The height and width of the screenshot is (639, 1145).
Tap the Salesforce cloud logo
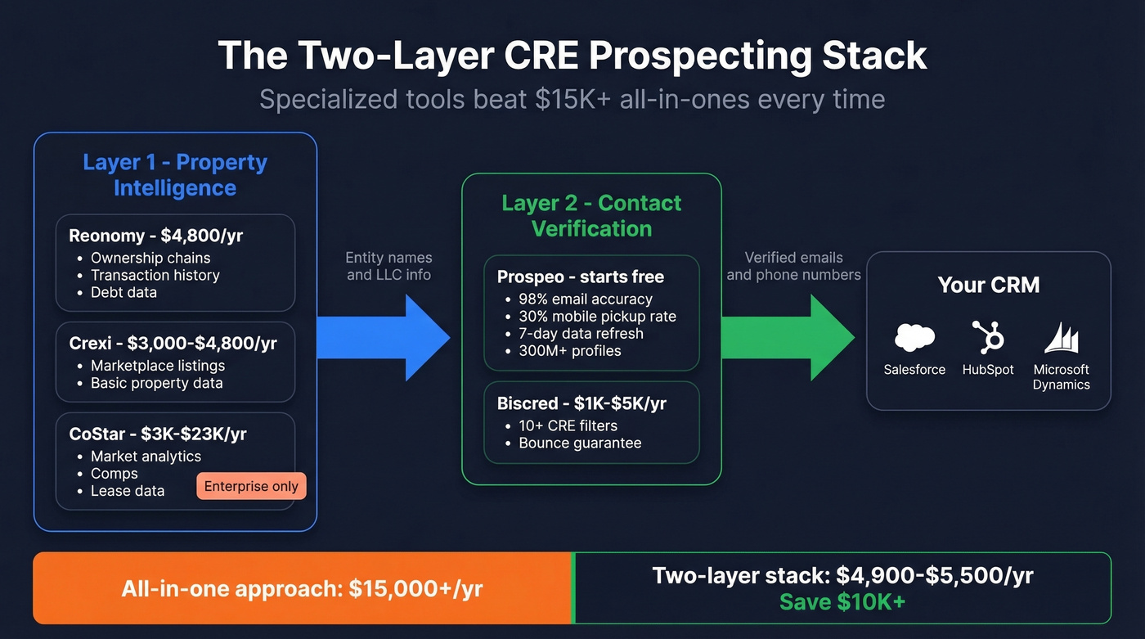[x=914, y=337]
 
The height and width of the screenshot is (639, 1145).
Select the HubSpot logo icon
[x=987, y=337]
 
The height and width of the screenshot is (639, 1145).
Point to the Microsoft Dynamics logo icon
[x=1062, y=338]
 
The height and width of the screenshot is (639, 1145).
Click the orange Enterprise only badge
[x=251, y=486]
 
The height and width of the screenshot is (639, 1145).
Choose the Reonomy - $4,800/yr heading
[x=155, y=236]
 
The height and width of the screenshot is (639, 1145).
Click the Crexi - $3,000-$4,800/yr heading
[x=173, y=344]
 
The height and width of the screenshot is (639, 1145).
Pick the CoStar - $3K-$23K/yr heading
[x=158, y=434]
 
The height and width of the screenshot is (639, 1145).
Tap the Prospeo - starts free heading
[x=581, y=277]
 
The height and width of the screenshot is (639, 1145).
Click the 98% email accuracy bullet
[x=586, y=299]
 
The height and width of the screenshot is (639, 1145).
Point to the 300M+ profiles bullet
[x=570, y=351]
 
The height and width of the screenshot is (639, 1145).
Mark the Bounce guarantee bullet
[x=580, y=443]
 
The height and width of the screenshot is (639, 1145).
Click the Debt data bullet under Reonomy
[x=123, y=292]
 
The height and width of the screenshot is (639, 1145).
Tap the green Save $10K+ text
[x=842, y=601]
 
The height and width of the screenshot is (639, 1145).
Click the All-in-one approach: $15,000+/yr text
[x=302, y=588]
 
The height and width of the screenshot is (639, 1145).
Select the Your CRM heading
[x=989, y=285]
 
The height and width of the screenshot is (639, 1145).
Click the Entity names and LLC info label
[x=388, y=266]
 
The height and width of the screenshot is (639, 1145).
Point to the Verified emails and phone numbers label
[x=793, y=266]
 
